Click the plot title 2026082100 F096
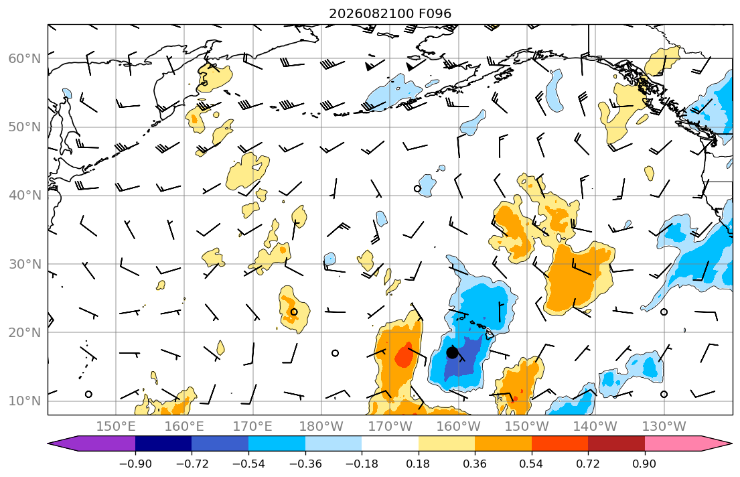(x=390, y=13)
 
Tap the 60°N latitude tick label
(x=25, y=58)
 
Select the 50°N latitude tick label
(x=25, y=127)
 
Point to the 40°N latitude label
(x=25, y=196)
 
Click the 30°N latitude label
(x=25, y=264)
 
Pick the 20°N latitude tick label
(x=25, y=332)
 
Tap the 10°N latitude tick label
(x=25, y=401)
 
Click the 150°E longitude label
(x=116, y=427)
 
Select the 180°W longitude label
(x=321, y=427)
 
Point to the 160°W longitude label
(x=459, y=427)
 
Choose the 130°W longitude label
(x=664, y=427)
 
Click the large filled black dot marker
(x=452, y=352)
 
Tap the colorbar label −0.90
(x=135, y=464)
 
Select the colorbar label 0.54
(x=532, y=464)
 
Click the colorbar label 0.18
(x=418, y=464)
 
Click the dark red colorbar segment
(x=616, y=444)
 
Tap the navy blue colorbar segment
(x=163, y=444)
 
